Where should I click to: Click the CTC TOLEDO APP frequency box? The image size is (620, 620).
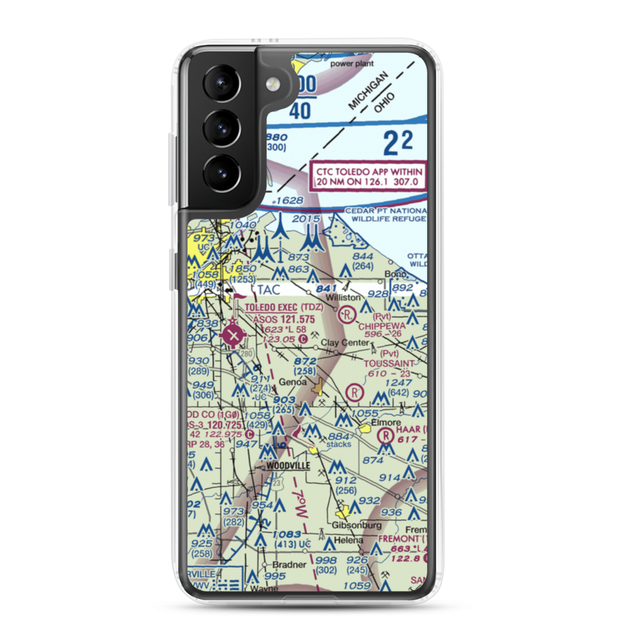pos(368,177)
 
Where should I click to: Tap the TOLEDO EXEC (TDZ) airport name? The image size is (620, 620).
pos(284,308)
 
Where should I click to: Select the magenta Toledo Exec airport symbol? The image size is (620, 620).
pos(232,336)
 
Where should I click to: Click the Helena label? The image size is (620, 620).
pos(348,540)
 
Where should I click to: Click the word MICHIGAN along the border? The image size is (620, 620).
pos(368,91)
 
